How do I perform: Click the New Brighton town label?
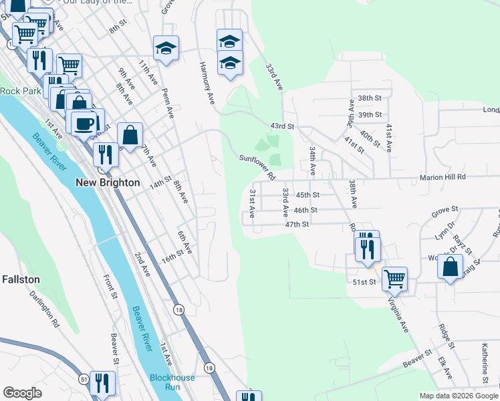pos(107,182)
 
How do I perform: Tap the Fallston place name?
pos(21,279)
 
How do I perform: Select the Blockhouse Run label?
pos(172,382)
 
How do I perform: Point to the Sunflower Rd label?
pos(258,167)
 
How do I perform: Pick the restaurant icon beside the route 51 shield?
pos(102,383)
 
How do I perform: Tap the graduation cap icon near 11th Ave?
pos(166,48)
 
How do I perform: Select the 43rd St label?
pos(282,126)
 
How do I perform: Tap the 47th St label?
pos(297,225)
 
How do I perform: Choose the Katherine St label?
pos(485,360)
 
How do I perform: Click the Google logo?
pos(22,393)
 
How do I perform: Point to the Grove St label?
pos(444,211)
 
